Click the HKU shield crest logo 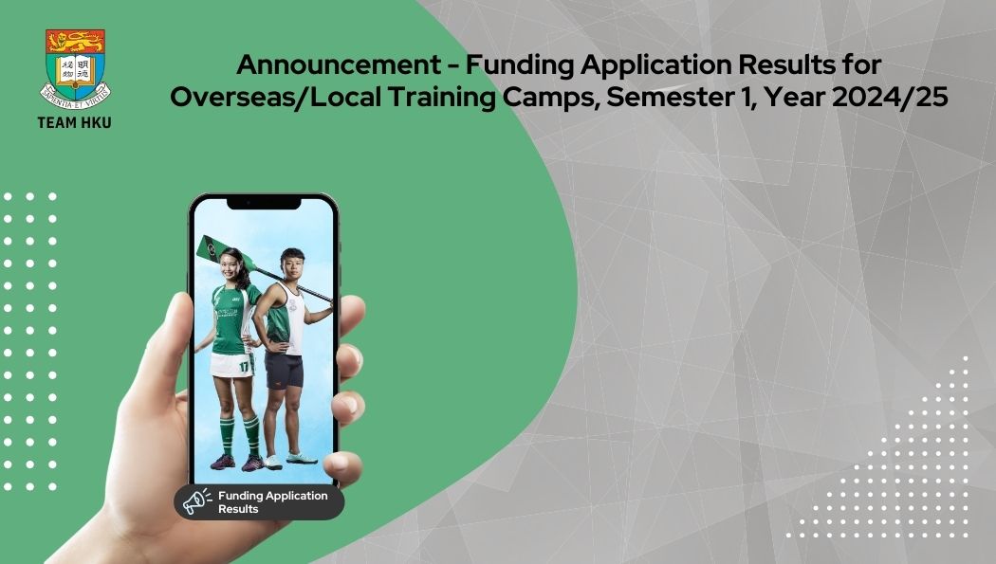coord(75,69)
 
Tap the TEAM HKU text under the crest coord(74,122)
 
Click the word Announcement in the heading coord(339,64)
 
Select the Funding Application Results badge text coord(273,501)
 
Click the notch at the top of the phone coord(264,203)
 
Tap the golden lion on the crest coord(75,42)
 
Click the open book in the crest coord(75,70)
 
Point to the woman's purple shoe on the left coord(222,462)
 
